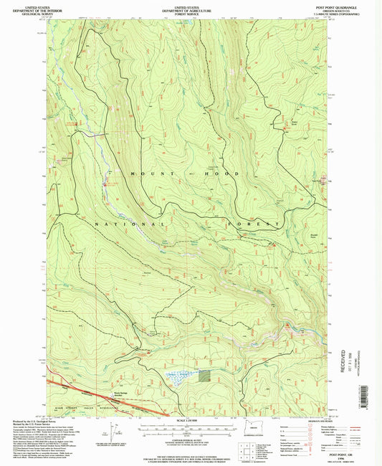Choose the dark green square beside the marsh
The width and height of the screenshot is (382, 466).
click(205, 374)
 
